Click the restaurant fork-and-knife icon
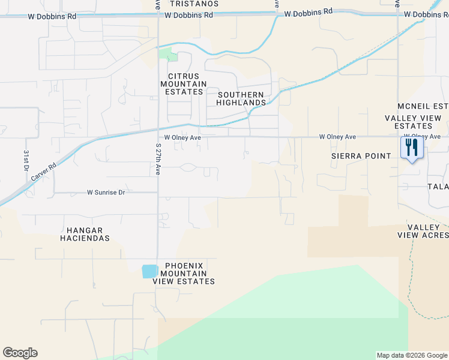[412, 148]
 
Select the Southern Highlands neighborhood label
[241, 99]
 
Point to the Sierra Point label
[361, 156]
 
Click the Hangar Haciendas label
[85, 234]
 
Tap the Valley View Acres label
[423, 231]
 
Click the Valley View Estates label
[417, 122]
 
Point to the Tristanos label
[194, 4]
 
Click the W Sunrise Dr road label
[106, 193]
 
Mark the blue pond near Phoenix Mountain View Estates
[149, 271]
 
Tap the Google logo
[20, 353]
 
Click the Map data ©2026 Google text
[411, 355]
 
